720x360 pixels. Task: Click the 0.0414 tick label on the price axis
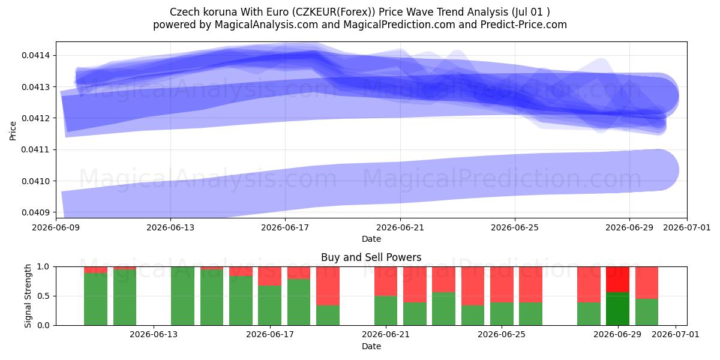click(x=35, y=56)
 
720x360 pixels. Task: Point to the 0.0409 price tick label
click(x=35, y=212)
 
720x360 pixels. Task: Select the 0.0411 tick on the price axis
click(x=35, y=150)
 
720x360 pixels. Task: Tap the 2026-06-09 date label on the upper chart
click(x=56, y=227)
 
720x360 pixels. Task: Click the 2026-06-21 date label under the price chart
click(x=400, y=227)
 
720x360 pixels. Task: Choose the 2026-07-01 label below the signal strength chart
click(x=676, y=335)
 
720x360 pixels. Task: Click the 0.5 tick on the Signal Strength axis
click(x=43, y=296)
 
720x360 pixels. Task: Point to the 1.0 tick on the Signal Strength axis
click(x=43, y=267)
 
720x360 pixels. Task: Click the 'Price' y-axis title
click(x=13, y=131)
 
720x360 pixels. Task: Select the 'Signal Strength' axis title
click(x=28, y=296)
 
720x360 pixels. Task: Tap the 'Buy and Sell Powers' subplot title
click(x=371, y=257)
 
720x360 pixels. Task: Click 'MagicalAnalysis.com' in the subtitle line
click(x=266, y=25)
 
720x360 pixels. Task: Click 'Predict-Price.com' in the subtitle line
click(x=524, y=25)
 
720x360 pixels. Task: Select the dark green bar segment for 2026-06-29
click(x=618, y=309)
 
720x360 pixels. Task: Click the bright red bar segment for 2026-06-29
click(x=618, y=280)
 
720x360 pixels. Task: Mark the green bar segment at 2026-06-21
click(x=386, y=311)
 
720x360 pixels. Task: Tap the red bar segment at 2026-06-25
click(x=502, y=285)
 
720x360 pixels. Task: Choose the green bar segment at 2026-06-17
click(x=269, y=305)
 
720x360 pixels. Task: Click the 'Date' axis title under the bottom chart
click(x=371, y=347)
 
